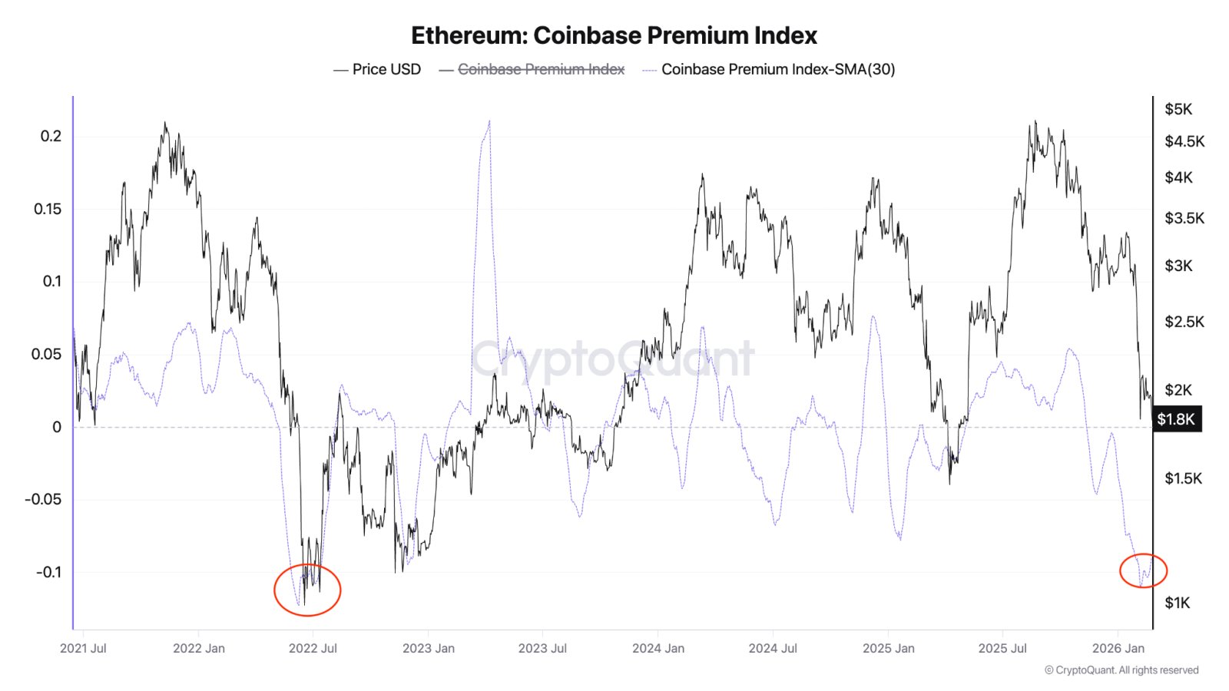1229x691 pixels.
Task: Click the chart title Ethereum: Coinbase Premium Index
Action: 614,35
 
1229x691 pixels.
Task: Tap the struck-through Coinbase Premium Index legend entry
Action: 541,69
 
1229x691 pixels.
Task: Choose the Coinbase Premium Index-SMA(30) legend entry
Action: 777,69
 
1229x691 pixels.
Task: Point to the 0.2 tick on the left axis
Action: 51,136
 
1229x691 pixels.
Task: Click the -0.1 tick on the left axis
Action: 48,572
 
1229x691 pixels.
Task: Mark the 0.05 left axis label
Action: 46,354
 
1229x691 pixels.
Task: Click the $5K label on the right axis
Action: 1178,109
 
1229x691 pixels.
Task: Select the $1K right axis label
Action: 1177,603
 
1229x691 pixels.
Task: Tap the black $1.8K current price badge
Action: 1176,419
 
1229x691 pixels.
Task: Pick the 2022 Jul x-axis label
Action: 313,648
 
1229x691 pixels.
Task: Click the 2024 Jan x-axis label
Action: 658,648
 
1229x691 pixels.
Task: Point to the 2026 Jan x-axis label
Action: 1118,648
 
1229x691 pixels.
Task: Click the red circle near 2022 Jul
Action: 307,590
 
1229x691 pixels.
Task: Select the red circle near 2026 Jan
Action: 1143,570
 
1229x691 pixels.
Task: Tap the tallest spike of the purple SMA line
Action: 489,123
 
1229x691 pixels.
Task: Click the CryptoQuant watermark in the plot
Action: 613,359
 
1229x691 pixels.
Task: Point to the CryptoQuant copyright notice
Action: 1121,670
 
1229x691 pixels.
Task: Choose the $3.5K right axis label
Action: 1184,218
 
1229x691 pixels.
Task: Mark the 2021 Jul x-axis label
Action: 83,648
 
